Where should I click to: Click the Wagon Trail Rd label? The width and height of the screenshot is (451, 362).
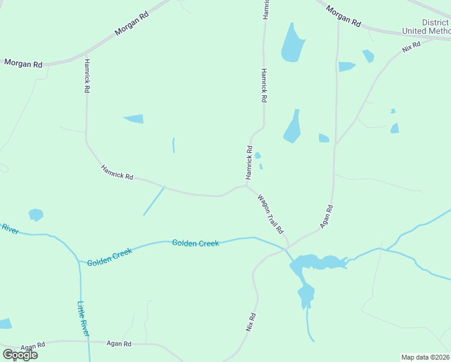click(270, 214)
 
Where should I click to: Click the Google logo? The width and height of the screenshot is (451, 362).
click(20, 355)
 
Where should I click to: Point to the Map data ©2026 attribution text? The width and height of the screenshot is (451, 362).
click(426, 357)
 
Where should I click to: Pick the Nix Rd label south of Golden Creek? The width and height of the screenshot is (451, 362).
click(251, 322)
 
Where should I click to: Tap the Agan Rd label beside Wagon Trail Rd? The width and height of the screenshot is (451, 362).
click(326, 216)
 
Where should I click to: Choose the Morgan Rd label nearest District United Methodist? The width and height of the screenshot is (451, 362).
click(343, 16)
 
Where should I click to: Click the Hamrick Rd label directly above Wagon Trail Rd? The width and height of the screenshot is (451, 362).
click(248, 162)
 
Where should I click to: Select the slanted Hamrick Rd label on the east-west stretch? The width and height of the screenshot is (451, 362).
click(117, 172)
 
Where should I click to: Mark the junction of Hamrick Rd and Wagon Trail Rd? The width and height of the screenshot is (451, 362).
click(246, 186)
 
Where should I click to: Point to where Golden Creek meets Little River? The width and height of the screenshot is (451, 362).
click(79, 261)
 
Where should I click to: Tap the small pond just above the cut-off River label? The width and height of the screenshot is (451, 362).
click(36, 214)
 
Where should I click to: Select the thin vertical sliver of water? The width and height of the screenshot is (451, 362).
click(174, 145)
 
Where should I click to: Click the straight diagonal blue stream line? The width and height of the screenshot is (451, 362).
click(153, 201)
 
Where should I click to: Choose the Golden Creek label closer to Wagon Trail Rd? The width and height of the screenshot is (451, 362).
click(195, 243)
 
